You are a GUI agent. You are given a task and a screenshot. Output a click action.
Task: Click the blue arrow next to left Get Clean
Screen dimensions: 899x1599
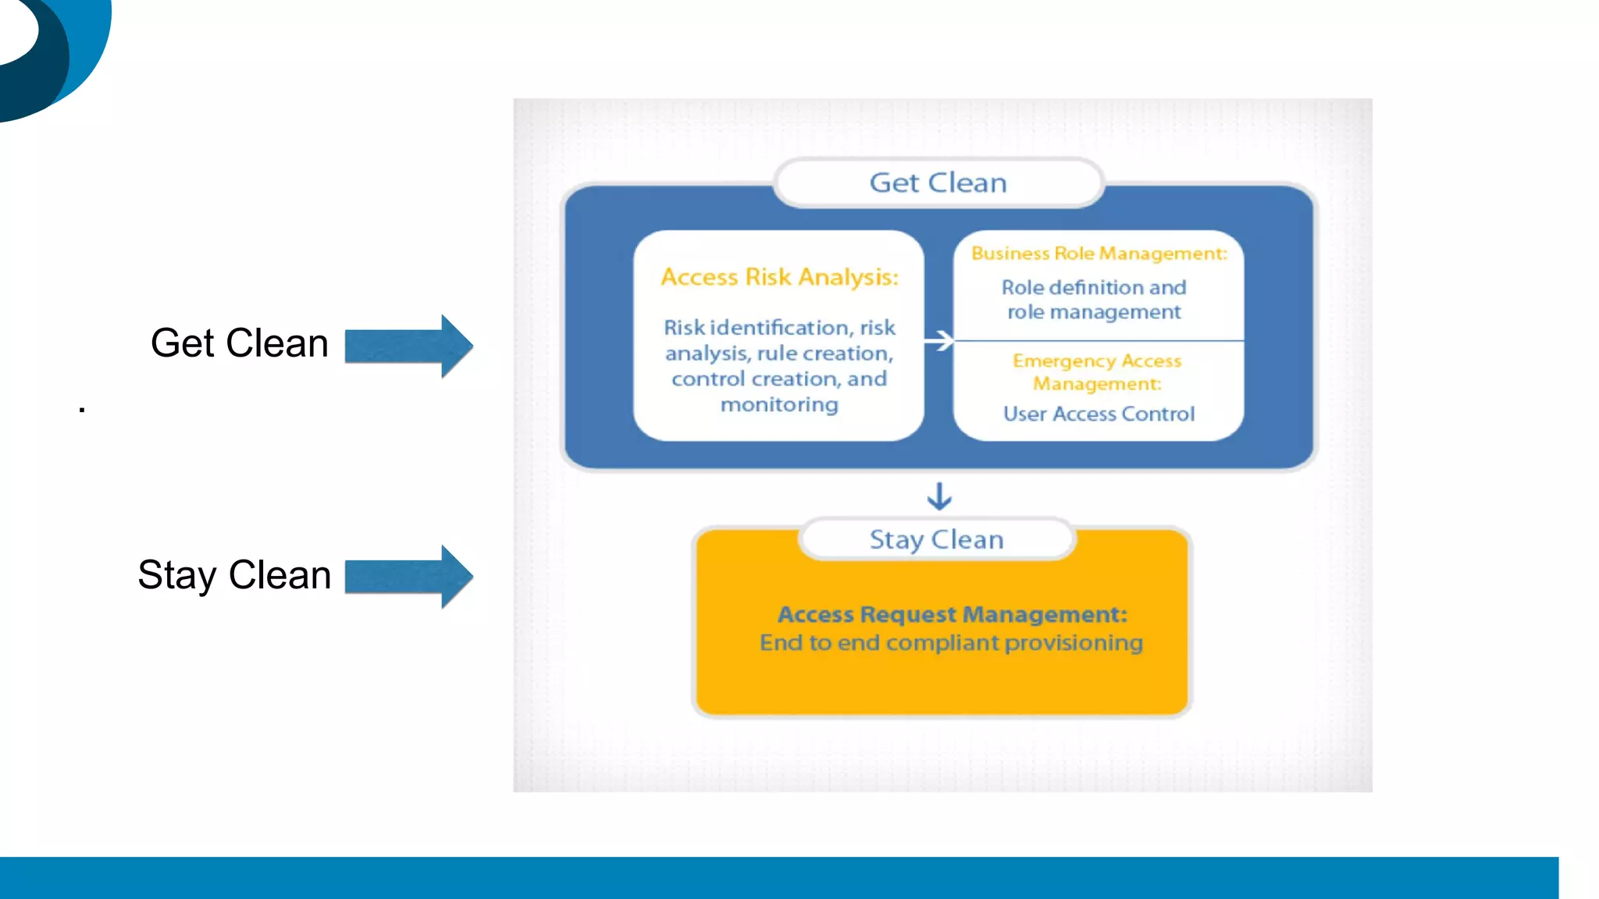pyautogui.click(x=408, y=346)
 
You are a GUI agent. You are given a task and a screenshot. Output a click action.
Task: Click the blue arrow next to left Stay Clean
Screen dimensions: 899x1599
pyautogui.click(x=408, y=577)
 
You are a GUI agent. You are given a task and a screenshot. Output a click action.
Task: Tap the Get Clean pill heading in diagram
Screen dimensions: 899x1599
pyautogui.click(x=938, y=183)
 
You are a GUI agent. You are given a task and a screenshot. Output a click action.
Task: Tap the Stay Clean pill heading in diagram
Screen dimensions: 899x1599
pyautogui.click(x=936, y=539)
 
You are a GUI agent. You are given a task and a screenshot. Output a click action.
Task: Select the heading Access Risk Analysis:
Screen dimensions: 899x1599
pyautogui.click(x=779, y=277)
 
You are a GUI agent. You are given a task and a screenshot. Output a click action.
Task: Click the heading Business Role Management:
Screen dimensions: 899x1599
pyautogui.click(x=1099, y=254)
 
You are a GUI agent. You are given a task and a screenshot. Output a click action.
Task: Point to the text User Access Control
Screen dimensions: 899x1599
pyautogui.click(x=1099, y=414)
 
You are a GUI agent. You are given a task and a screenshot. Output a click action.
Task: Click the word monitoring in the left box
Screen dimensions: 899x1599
pyautogui.click(x=779, y=405)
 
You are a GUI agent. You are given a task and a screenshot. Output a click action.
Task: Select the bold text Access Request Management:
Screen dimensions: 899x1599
pyautogui.click(x=952, y=614)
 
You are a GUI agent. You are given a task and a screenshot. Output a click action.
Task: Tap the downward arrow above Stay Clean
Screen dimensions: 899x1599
pyautogui.click(x=939, y=496)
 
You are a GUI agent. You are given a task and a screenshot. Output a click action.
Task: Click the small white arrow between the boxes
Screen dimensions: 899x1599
pyautogui.click(x=938, y=340)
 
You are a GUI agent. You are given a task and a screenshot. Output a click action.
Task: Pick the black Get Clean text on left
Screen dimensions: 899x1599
pyautogui.click(x=239, y=343)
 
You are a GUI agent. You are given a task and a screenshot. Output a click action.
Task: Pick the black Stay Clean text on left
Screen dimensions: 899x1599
pyautogui.click(x=234, y=575)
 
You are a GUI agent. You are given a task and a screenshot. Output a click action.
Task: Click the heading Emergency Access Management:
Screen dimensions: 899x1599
pyautogui.click(x=1097, y=372)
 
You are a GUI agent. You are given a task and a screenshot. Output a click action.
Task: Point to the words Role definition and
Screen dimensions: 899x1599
pyautogui.click(x=1094, y=288)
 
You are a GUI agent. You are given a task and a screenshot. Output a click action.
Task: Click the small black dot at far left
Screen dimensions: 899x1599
pyautogui.click(x=82, y=408)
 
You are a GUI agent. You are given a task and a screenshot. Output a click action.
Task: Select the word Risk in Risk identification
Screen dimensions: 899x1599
pyautogui.click(x=684, y=328)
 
